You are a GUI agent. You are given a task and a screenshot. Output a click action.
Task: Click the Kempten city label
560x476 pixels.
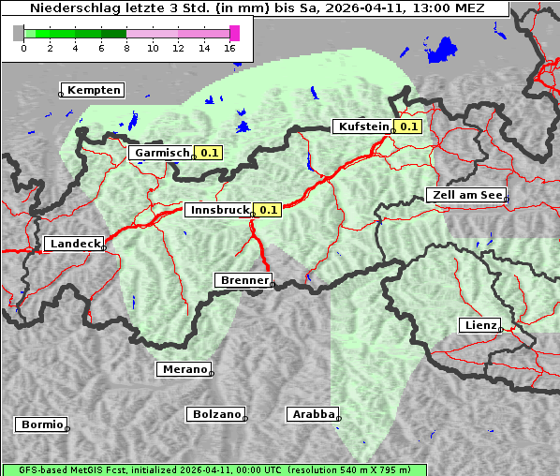94,90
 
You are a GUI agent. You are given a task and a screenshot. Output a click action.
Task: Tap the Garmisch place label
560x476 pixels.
162,152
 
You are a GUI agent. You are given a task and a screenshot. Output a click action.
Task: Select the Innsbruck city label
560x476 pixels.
218,211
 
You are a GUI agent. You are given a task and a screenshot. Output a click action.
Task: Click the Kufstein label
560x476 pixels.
363,126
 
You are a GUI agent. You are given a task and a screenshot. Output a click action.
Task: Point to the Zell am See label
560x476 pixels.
465,195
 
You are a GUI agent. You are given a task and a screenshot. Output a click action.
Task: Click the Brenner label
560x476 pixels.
243,279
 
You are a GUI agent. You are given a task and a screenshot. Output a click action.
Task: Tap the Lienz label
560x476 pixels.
479,325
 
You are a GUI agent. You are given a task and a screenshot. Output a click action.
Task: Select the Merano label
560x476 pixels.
183,369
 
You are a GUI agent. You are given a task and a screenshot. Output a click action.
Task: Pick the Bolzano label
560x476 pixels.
216,413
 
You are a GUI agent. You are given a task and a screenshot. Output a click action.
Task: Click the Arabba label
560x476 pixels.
312,413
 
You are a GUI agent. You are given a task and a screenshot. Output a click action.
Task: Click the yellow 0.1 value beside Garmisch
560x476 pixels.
210,152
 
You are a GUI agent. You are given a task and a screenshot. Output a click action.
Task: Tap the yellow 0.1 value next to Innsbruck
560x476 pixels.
269,211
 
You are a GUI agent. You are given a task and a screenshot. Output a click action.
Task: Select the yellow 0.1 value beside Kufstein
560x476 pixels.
408,126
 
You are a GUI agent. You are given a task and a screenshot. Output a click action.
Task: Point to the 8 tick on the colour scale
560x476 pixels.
126,48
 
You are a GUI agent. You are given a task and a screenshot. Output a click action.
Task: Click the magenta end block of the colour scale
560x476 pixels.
234,33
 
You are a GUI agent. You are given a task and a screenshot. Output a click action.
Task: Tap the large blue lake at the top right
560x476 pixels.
441,49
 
